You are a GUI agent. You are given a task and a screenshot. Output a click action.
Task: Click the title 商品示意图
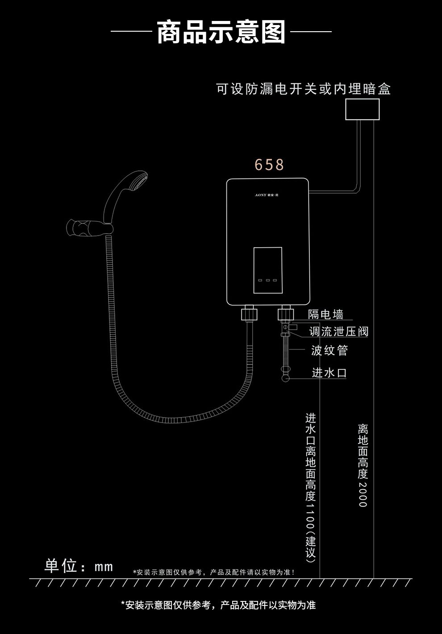pyautogui.click(x=221, y=32)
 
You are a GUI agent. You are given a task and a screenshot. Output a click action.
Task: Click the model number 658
pyautogui.click(x=269, y=165)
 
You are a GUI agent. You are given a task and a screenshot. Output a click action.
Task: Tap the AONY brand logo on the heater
pyautogui.click(x=267, y=195)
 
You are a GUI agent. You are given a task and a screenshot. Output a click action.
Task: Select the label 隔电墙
pyautogui.click(x=325, y=314)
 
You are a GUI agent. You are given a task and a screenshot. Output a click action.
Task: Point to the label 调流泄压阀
pyautogui.click(x=339, y=332)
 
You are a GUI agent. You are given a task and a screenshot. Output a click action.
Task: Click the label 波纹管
pyautogui.click(x=329, y=350)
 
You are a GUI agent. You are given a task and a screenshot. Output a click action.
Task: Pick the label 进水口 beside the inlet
pyautogui.click(x=329, y=373)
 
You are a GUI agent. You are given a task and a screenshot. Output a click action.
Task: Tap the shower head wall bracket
pyautogui.click(x=89, y=227)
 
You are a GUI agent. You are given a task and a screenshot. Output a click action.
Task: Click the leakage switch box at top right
pyautogui.click(x=362, y=109)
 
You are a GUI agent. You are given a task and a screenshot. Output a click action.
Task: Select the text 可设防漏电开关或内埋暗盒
pyautogui.click(x=303, y=89)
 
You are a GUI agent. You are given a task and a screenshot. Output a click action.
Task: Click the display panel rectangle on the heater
pyautogui.click(x=268, y=270)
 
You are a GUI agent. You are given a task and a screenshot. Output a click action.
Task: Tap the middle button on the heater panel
pyautogui.click(x=268, y=280)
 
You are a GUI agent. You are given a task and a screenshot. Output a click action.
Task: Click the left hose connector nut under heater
pyautogui.click(x=249, y=314)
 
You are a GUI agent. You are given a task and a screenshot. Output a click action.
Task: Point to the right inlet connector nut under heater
pyautogui.click(x=285, y=314)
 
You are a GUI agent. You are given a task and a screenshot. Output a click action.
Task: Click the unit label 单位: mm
pyautogui.click(x=79, y=566)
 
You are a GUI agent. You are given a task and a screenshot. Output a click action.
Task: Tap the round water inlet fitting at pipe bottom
pyautogui.click(x=285, y=378)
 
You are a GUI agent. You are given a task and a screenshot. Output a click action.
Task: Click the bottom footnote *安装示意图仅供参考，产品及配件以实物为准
pyautogui.click(x=218, y=605)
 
